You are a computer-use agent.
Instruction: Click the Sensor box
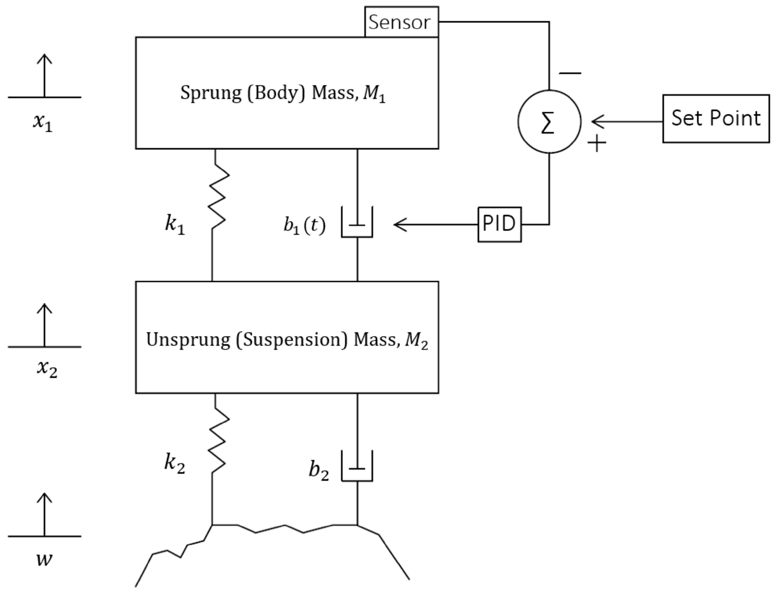tap(401, 22)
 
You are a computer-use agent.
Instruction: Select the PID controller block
tap(499, 224)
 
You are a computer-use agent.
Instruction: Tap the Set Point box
tap(716, 119)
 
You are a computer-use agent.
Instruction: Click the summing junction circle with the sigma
tap(549, 122)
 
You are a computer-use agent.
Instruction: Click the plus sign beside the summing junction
tap(597, 143)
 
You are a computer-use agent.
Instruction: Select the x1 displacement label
tap(43, 122)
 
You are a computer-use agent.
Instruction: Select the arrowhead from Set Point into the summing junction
tap(598, 122)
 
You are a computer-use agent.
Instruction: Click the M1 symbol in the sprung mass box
tap(374, 94)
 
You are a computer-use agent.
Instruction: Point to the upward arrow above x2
tap(44, 324)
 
